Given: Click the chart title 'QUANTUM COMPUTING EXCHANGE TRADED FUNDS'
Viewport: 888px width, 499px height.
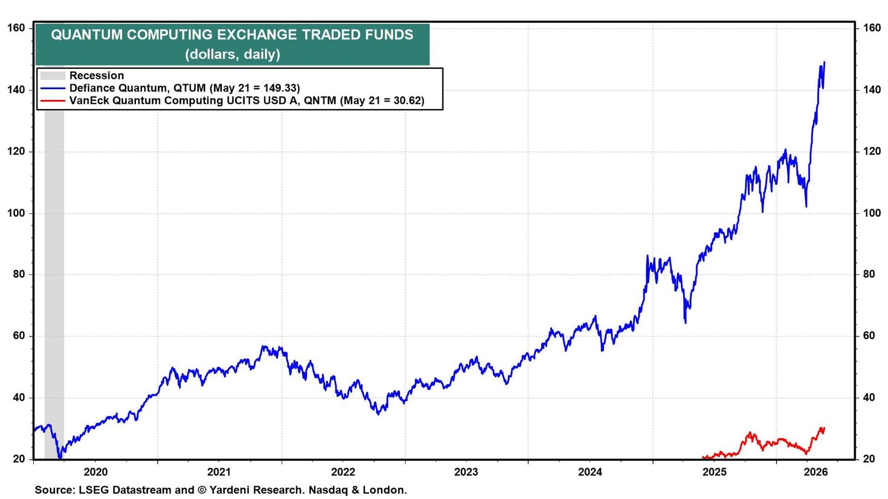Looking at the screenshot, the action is [x=233, y=35].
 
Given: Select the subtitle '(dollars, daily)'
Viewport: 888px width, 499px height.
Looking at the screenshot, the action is [x=233, y=54].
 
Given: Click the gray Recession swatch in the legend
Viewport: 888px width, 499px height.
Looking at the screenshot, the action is [x=53, y=75].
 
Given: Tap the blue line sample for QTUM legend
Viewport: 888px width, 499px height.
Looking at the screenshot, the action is [x=53, y=88].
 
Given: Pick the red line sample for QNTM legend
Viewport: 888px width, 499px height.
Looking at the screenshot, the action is [x=53, y=100].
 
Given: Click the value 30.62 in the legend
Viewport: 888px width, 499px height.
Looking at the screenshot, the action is [x=403, y=100].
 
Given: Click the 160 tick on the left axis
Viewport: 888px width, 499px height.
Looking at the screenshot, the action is [x=16, y=28].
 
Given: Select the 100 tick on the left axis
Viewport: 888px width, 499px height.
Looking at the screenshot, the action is [x=16, y=213].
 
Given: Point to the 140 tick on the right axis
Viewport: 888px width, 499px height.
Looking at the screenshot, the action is [x=872, y=90].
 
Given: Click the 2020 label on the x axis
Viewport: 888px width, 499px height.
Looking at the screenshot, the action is [x=96, y=472].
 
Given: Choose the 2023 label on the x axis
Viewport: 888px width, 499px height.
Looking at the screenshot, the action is [x=466, y=472].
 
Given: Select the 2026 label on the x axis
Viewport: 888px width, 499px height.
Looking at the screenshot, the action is [x=816, y=472].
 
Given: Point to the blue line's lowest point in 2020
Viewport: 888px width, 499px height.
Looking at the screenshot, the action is [x=60, y=458].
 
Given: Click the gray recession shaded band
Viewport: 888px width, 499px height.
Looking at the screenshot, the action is [x=54, y=285].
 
